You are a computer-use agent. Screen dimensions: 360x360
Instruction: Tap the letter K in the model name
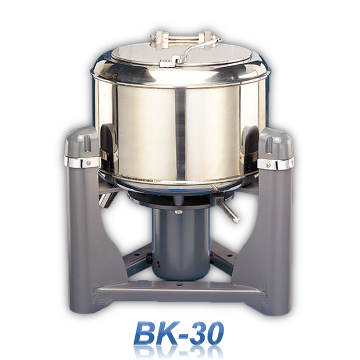point(168,332)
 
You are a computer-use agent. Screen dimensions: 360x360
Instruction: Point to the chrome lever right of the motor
point(228,210)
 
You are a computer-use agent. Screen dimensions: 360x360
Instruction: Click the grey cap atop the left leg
point(80,142)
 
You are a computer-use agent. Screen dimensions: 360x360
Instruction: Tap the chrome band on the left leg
point(81,162)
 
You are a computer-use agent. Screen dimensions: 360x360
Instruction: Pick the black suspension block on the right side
point(250,142)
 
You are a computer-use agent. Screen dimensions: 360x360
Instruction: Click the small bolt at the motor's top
point(179,211)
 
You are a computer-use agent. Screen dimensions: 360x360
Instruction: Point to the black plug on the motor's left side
point(149,255)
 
